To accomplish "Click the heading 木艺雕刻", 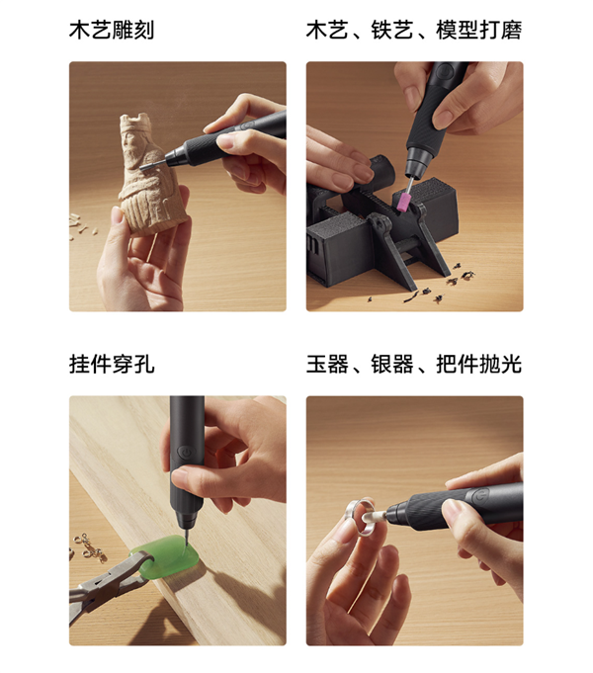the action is (112, 30).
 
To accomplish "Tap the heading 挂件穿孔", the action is (112, 365).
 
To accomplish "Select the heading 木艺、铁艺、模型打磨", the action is (414, 30).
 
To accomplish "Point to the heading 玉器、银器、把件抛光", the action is (414, 365).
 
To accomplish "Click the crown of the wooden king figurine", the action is (135, 123).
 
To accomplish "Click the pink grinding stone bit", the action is (404, 203).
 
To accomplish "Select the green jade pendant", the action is (167, 558).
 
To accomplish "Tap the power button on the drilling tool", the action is (186, 453).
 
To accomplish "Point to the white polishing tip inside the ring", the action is (374, 517).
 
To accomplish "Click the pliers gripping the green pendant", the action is (108, 581).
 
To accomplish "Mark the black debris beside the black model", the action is (434, 286).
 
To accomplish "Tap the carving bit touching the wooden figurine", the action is (152, 165).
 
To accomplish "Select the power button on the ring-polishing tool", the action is (476, 497).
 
